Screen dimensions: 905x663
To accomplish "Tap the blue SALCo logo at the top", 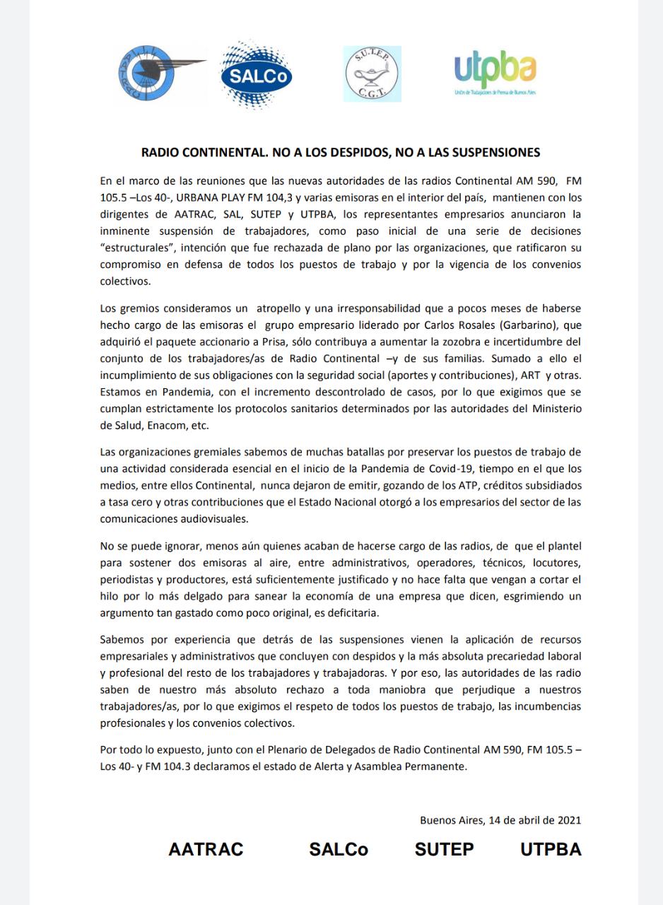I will click(x=256, y=76).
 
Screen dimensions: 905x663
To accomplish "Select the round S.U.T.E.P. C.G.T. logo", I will click(x=372, y=74).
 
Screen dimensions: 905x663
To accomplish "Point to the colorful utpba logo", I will click(x=495, y=74).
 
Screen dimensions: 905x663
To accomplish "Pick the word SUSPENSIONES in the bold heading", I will click(x=487, y=151).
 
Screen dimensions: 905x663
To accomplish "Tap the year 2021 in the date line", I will click(x=567, y=820).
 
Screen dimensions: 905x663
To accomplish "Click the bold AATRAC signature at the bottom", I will click(x=206, y=849).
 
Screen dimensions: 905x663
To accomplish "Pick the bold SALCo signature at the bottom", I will click(x=339, y=849).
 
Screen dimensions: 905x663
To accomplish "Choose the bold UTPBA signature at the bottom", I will click(x=551, y=849).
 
